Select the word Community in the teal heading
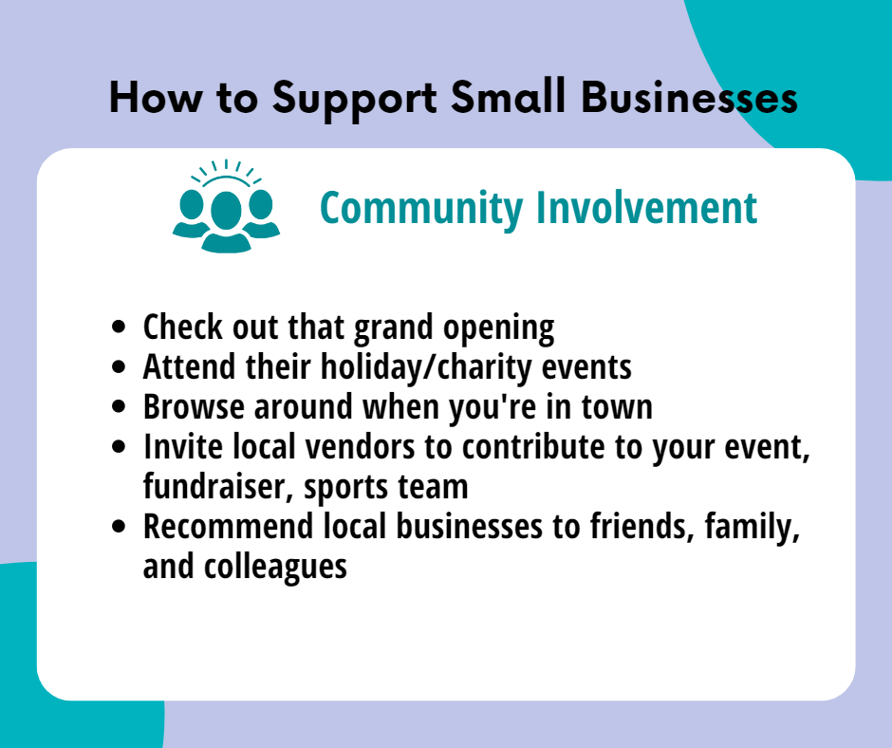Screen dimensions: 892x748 click(421, 209)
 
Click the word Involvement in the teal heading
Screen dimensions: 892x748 click(647, 207)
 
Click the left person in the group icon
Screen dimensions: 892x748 click(190, 214)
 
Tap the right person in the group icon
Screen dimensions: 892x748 click(262, 214)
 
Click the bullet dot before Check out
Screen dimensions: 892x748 click(119, 327)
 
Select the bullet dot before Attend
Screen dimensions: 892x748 click(119, 366)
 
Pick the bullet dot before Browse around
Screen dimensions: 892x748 click(119, 406)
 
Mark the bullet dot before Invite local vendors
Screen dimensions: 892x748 click(119, 446)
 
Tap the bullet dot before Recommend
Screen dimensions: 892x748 click(119, 526)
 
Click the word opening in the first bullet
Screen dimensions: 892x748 click(499, 329)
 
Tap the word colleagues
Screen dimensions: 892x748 click(275, 568)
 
